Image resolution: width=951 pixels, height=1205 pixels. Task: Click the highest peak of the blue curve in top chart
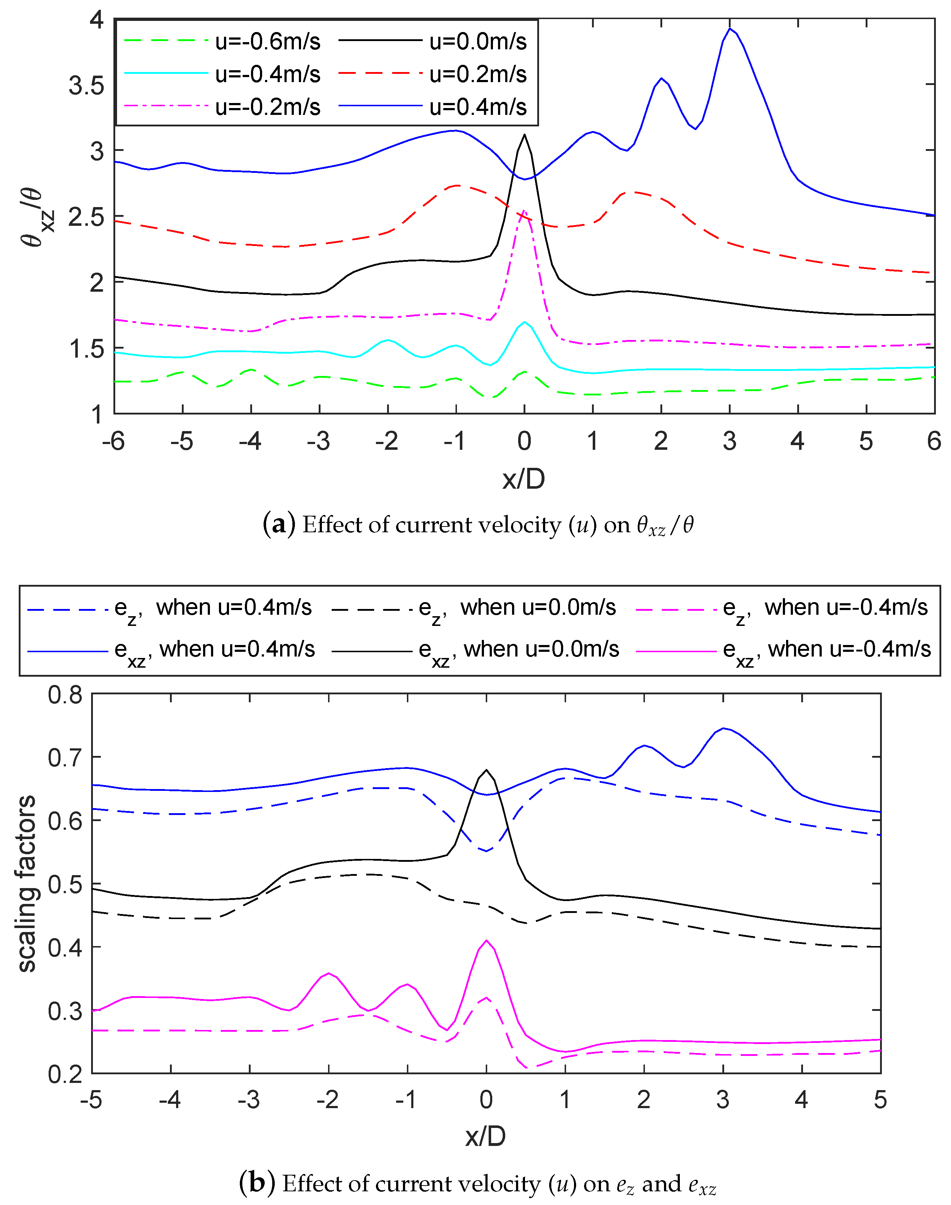730,29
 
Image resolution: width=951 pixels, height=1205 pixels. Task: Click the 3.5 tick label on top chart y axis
86,86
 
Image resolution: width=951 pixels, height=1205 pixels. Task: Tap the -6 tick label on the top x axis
113,442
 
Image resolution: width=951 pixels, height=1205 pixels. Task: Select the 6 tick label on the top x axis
934,442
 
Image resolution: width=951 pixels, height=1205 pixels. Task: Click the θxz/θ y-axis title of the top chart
38,217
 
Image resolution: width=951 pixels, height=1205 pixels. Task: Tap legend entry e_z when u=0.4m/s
213,608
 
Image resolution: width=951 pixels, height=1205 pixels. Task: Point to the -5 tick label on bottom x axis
91,1100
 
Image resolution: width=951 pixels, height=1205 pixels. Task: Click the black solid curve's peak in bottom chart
486,770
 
